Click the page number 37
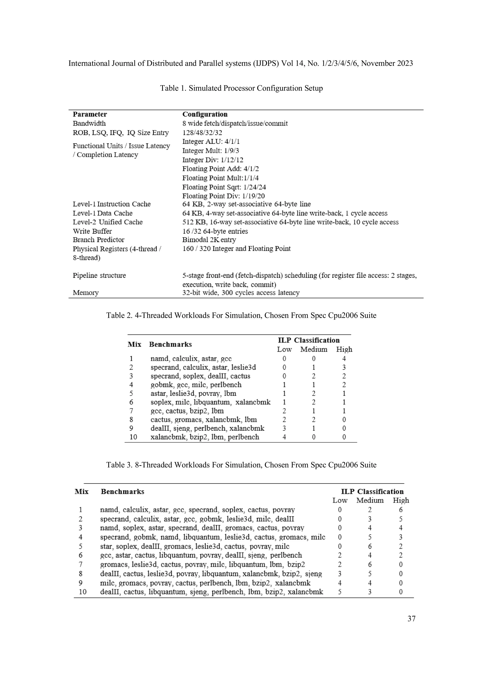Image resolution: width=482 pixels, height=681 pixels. coord(411,618)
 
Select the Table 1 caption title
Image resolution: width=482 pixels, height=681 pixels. coord(241,88)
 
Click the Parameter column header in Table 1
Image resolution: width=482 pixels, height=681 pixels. coord(90,114)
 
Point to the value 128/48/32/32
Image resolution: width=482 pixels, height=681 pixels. coord(202,133)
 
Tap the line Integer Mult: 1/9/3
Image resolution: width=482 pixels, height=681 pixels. coord(211,151)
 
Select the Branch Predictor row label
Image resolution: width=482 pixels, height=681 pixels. coord(99,240)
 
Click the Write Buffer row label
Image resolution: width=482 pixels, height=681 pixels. coord(92,231)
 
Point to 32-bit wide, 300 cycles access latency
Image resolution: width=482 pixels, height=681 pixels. coord(241,293)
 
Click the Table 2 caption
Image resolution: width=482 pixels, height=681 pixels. coord(241,315)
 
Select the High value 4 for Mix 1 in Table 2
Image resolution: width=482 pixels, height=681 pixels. coord(344,358)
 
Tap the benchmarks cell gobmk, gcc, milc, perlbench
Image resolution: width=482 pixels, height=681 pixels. coord(196,385)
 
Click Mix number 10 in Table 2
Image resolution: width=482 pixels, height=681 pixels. coord(133,437)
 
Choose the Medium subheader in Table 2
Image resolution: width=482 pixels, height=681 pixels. coord(314,349)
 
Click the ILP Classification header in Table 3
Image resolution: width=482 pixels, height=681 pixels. coord(372,492)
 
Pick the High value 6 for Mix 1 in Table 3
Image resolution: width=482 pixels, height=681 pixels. coord(401,510)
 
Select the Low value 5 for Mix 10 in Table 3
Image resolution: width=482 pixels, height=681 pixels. coord(340,592)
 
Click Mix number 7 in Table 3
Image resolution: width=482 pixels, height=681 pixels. coord(80,564)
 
